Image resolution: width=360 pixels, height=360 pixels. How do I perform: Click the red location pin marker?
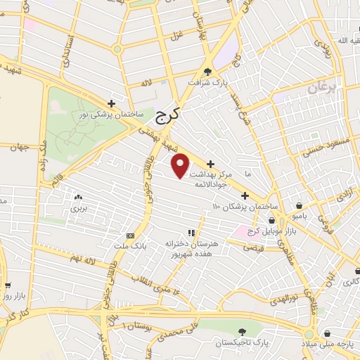(181, 165)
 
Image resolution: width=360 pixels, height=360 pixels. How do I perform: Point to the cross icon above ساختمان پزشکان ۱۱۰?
(245, 195)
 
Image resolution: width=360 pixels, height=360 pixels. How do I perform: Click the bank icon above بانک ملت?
(130, 236)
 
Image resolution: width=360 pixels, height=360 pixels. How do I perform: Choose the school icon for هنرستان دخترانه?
(191, 233)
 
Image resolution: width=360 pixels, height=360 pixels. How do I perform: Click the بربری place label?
(77, 209)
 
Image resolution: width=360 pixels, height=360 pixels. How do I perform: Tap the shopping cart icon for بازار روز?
(8, 286)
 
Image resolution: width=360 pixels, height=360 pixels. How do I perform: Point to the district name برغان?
(322, 87)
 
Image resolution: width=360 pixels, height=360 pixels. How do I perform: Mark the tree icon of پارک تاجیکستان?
(242, 330)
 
